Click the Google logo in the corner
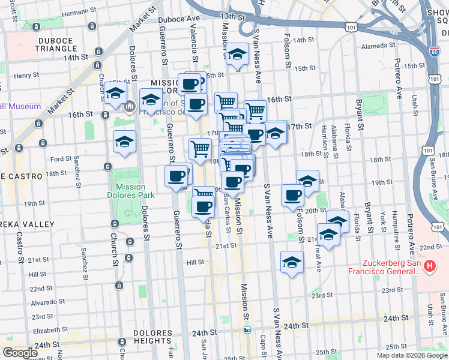20,353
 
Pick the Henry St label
26,76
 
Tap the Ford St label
61,159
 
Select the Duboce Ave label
178,19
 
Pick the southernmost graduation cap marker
292,262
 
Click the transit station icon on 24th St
247,329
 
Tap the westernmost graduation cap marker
115,94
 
